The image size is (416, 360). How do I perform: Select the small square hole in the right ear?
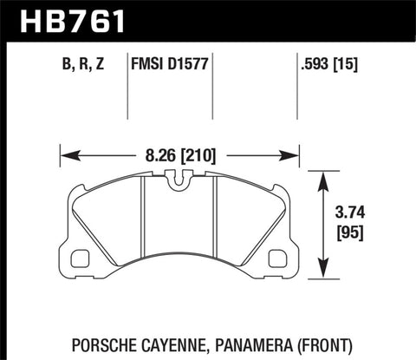coord(277,258)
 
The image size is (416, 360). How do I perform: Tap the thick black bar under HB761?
coord(208,37)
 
